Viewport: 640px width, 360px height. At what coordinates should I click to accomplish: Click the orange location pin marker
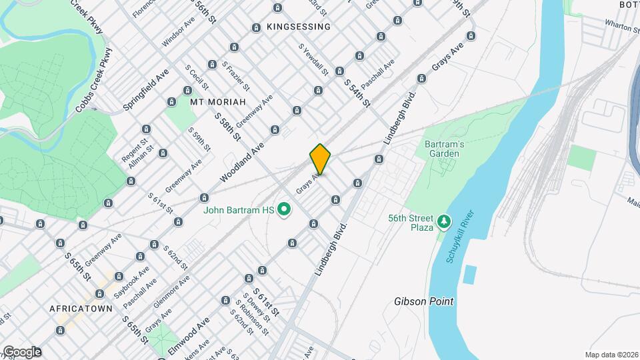pos(320,159)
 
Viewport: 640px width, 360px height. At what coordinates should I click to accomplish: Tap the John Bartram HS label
pos(239,210)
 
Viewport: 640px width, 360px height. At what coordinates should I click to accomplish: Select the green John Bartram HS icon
pos(285,210)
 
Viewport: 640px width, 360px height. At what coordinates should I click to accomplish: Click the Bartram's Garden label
pos(442,149)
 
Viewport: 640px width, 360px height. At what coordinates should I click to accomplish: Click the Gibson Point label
pos(423,301)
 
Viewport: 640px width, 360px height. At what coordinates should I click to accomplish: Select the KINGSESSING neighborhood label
pos(298,27)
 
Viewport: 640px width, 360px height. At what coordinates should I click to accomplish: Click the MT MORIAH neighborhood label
pos(218,102)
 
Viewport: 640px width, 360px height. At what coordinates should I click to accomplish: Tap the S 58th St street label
pos(227,125)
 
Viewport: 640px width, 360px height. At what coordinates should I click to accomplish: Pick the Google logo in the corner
pos(21,352)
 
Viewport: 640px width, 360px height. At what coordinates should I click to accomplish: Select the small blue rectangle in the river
pos(470,273)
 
